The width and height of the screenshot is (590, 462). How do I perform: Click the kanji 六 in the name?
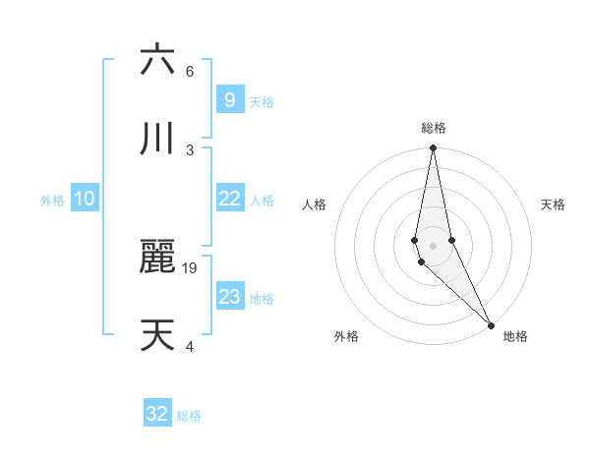point(157,61)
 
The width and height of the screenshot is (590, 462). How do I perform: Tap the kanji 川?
point(157,139)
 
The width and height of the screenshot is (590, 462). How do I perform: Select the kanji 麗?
point(157,257)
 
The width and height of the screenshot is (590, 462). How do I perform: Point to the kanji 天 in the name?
point(157,334)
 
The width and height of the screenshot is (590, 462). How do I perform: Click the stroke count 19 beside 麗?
point(192,267)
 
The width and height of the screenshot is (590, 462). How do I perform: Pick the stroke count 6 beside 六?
point(190,72)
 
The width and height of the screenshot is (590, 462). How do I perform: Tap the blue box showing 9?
point(229,100)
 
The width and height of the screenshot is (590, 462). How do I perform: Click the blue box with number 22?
point(229,199)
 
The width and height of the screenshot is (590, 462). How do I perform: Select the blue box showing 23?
point(229,297)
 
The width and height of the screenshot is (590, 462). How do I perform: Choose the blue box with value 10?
point(85,199)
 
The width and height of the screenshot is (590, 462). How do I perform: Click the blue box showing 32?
point(157,414)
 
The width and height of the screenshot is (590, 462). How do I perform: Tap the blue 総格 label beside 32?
point(189,416)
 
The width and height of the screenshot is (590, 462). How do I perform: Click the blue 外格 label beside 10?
point(52,201)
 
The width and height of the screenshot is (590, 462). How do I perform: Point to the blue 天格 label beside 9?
point(262,102)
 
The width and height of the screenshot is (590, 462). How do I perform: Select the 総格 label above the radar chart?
point(434,128)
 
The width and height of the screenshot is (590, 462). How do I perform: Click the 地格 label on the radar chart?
point(515,336)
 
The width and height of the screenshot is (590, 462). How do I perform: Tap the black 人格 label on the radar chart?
point(314,204)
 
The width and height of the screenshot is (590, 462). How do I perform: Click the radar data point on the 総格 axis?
point(433,148)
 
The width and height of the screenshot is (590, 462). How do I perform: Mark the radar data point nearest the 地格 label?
point(491,324)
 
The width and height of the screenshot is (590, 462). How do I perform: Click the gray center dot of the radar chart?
point(433,245)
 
